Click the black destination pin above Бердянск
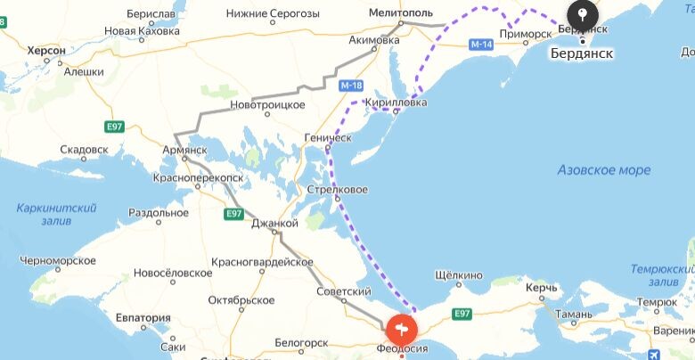[x=582, y=14]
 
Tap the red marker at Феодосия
[x=402, y=328]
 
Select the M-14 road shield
[x=481, y=44]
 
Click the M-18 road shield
[x=351, y=86]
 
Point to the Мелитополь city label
[x=401, y=13]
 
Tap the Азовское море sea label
[x=603, y=169]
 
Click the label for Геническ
[x=329, y=138]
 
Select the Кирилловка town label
[x=396, y=102]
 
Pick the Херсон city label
[x=46, y=51]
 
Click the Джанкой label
[x=274, y=223]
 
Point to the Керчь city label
[x=541, y=288]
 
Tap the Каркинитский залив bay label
[x=56, y=214]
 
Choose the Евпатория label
[x=143, y=317]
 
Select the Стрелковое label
[x=337, y=190]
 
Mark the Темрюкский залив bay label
[x=661, y=274]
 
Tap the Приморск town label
[x=524, y=33]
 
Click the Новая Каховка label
[x=142, y=30]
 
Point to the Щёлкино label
[x=458, y=275]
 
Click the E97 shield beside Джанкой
[x=233, y=214]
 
